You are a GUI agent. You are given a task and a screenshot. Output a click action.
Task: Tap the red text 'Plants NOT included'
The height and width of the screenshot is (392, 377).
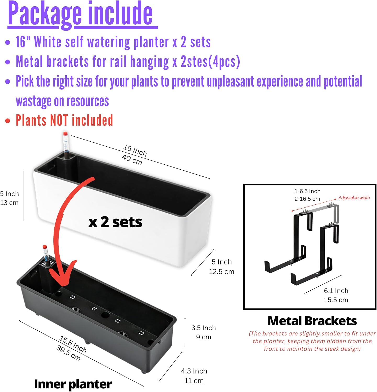64,120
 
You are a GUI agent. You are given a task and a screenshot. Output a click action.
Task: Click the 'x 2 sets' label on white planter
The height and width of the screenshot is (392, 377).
115,222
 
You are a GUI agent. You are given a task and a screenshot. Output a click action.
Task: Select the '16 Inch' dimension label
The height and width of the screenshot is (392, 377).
135,150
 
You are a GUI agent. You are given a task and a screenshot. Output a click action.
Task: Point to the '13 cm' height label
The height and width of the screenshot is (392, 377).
9,203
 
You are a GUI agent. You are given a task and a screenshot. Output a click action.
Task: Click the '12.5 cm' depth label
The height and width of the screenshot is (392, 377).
222,272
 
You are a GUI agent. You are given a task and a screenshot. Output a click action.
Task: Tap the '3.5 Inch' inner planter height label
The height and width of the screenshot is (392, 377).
204,328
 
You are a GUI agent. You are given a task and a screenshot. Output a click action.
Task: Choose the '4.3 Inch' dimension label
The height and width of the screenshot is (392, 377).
194,371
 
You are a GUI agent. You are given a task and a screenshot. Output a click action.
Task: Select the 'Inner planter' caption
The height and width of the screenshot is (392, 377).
73,384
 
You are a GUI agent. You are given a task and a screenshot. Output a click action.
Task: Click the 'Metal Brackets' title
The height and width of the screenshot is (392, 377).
312,321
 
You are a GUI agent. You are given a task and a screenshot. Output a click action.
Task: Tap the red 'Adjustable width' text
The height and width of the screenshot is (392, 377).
354,198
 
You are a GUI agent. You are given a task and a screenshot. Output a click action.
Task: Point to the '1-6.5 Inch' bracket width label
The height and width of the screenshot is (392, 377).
307,191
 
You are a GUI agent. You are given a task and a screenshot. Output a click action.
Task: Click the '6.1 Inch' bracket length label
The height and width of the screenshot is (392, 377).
336,291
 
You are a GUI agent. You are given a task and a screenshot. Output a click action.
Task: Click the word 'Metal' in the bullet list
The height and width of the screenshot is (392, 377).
29,62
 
